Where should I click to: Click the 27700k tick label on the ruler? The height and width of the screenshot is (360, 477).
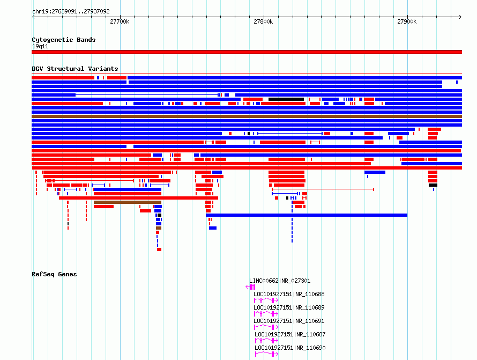pyautogui.click(x=120, y=21)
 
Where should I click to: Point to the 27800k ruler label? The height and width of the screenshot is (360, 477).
pyautogui.click(x=263, y=21)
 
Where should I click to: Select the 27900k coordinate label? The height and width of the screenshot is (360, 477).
pyautogui.click(x=407, y=21)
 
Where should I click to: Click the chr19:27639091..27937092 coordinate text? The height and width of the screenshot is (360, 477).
pyautogui.click(x=71, y=12)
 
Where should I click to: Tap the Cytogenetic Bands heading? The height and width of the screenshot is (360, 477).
pyautogui.click(x=64, y=40)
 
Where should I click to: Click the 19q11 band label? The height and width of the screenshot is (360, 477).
pyautogui.click(x=40, y=46)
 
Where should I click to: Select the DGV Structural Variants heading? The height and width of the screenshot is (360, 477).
pyautogui.click(x=75, y=69)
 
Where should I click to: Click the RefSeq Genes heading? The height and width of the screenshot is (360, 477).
pyautogui.click(x=54, y=274)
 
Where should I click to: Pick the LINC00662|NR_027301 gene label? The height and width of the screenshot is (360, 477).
pyautogui.click(x=280, y=281)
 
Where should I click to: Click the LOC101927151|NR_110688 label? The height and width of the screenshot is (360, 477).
pyautogui.click(x=289, y=294)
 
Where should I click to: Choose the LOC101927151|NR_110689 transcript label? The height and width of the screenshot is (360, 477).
pyautogui.click(x=289, y=307)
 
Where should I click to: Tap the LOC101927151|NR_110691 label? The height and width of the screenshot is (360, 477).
pyautogui.click(x=289, y=321)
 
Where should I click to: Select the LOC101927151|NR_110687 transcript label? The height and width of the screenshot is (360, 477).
pyautogui.click(x=290, y=334)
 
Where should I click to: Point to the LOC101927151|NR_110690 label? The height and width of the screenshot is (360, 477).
pyautogui.click(x=290, y=348)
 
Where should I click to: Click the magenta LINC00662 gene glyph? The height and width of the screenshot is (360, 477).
pyautogui.click(x=251, y=287)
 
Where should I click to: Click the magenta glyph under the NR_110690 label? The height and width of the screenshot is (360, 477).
pyautogui.click(x=266, y=354)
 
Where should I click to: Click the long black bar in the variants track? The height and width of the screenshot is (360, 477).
pyautogui.click(x=286, y=99)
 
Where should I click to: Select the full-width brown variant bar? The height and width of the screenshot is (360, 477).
pyautogui.click(x=247, y=116)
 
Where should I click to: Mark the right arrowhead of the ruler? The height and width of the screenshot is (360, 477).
pyautogui.click(x=461, y=17)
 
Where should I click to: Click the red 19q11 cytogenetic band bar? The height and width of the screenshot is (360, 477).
pyautogui.click(x=247, y=52)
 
